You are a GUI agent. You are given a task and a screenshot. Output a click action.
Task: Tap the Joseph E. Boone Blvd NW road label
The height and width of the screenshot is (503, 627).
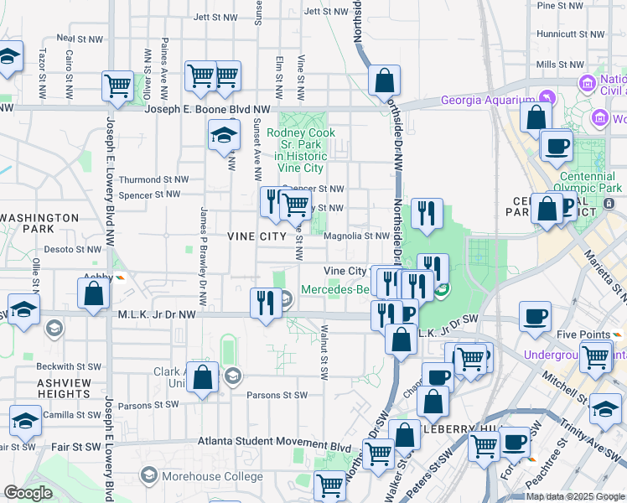tap(208, 109)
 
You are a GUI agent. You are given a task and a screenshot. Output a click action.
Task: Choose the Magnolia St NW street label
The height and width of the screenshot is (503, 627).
tap(356, 236)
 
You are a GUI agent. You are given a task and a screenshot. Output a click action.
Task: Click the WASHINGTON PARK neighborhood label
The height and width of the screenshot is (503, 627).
tap(39, 222)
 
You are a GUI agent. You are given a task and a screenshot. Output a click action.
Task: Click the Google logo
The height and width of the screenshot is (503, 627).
tap(28, 493)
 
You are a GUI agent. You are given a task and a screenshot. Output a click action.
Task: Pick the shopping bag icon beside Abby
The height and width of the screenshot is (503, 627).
tap(93, 293)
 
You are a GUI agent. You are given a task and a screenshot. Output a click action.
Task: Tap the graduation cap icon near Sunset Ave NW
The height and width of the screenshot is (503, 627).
tap(224, 136)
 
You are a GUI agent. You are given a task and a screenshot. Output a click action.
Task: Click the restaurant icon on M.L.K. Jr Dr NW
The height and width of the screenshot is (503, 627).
tap(266, 303)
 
